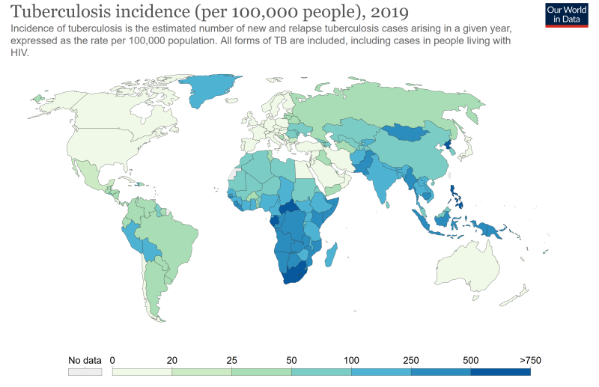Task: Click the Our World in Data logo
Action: (566, 14)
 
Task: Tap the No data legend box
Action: (84, 371)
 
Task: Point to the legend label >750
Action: (530, 360)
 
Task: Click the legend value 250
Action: (411, 360)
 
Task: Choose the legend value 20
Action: (172, 360)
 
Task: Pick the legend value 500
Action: (471, 360)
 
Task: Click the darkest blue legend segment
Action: (500, 371)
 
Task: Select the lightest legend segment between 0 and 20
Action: (142, 371)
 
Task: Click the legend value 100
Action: (351, 360)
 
